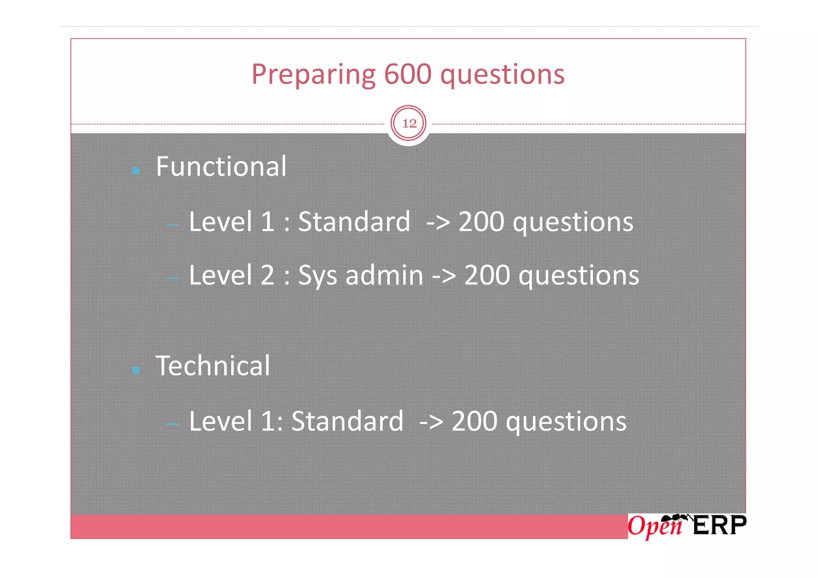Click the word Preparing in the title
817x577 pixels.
[x=314, y=75]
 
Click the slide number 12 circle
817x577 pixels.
[x=408, y=123]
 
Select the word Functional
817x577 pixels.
[x=221, y=166]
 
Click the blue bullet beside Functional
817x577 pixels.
[x=136, y=171]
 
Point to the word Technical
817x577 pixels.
[x=213, y=366]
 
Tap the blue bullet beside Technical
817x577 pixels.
[x=136, y=370]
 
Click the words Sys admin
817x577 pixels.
[x=361, y=276]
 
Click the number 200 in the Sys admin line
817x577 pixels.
[x=487, y=276]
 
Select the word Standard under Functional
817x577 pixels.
[x=354, y=222]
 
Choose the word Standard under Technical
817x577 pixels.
[x=347, y=421]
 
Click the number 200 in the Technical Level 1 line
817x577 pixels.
[x=474, y=421]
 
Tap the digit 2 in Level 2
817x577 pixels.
[x=267, y=276]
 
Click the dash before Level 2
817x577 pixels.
[x=172, y=278]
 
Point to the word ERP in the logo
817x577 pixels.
[x=719, y=526]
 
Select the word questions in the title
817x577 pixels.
[x=502, y=75]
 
